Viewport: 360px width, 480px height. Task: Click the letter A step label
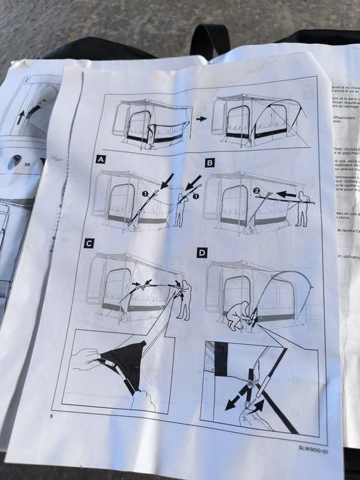point(100,160)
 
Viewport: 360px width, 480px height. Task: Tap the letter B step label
point(210,163)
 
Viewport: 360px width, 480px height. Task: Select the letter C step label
point(88,243)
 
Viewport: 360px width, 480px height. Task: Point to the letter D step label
point(202,252)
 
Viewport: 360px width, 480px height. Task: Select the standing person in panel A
point(180,206)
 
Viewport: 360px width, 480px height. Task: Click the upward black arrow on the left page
point(21,115)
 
